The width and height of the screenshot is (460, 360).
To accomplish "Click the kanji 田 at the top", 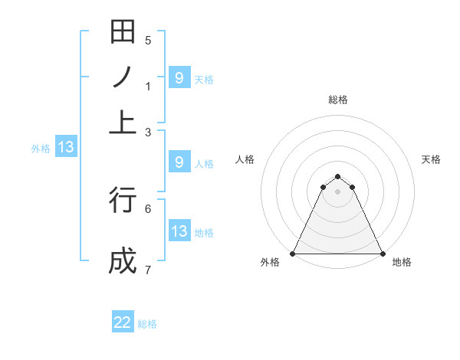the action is click(123, 32).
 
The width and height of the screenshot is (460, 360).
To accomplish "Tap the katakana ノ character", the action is click(123, 77).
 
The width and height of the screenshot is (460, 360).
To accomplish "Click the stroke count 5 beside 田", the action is click(148, 41).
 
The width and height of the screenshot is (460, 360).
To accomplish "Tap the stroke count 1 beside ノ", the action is click(148, 87).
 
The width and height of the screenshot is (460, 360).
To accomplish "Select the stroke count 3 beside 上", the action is click(148, 133).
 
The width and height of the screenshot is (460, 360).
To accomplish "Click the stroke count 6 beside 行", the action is click(148, 208).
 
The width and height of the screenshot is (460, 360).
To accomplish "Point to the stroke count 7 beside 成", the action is click(148, 270).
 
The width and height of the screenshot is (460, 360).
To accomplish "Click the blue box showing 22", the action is click(123, 322).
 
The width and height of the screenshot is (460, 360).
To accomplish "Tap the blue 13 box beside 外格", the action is click(65, 148).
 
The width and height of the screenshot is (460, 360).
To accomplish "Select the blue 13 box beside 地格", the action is click(179, 231).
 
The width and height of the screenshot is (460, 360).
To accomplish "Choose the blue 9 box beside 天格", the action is click(179, 77).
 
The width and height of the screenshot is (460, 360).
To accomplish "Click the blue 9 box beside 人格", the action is click(179, 162).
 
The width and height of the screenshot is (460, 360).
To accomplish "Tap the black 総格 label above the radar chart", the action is click(338, 100).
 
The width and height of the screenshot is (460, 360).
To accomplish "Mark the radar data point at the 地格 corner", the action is click(382, 254).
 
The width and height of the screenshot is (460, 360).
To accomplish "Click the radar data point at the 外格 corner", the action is click(294, 254).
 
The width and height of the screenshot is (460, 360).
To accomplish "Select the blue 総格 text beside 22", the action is click(147, 324).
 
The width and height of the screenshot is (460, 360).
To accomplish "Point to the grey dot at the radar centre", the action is click(338, 191).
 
